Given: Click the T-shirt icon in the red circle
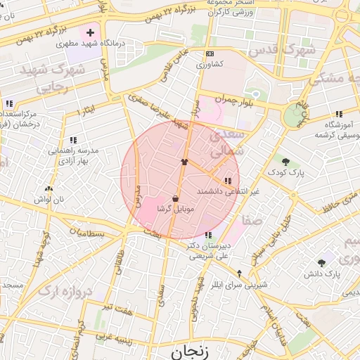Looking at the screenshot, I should pyautogui.click(x=184, y=161).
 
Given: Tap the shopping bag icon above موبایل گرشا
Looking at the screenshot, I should pyautogui.click(x=175, y=199).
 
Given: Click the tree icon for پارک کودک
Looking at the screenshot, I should pyautogui.click(x=287, y=161).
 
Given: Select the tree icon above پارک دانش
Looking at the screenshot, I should pyautogui.click(x=322, y=262).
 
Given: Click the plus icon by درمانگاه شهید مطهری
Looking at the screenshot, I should pyautogui.click(x=90, y=32).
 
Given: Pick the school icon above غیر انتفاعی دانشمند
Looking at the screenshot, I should pyautogui.click(x=226, y=182).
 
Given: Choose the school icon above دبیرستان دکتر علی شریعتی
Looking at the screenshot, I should pyautogui.click(x=207, y=235).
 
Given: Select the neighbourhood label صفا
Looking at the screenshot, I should pyautogui.click(x=252, y=220).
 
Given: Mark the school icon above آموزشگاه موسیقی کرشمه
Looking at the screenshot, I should pyautogui.click(x=339, y=114).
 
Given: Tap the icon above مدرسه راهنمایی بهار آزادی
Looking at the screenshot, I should pyautogui.click(x=74, y=140).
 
